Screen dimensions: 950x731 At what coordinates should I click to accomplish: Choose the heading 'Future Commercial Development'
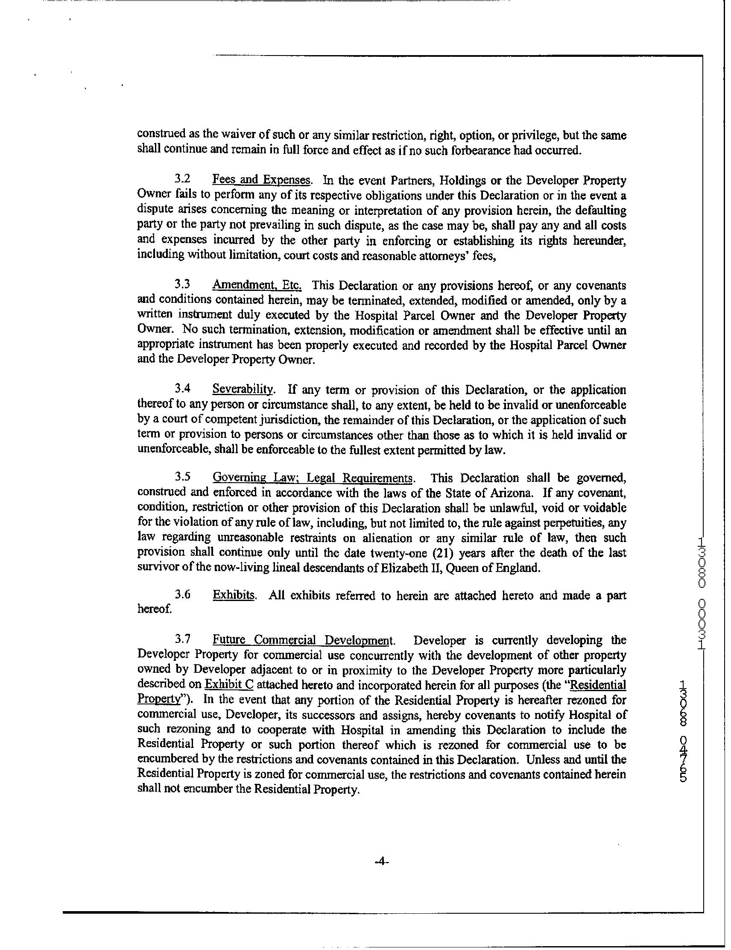coord(303,640)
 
